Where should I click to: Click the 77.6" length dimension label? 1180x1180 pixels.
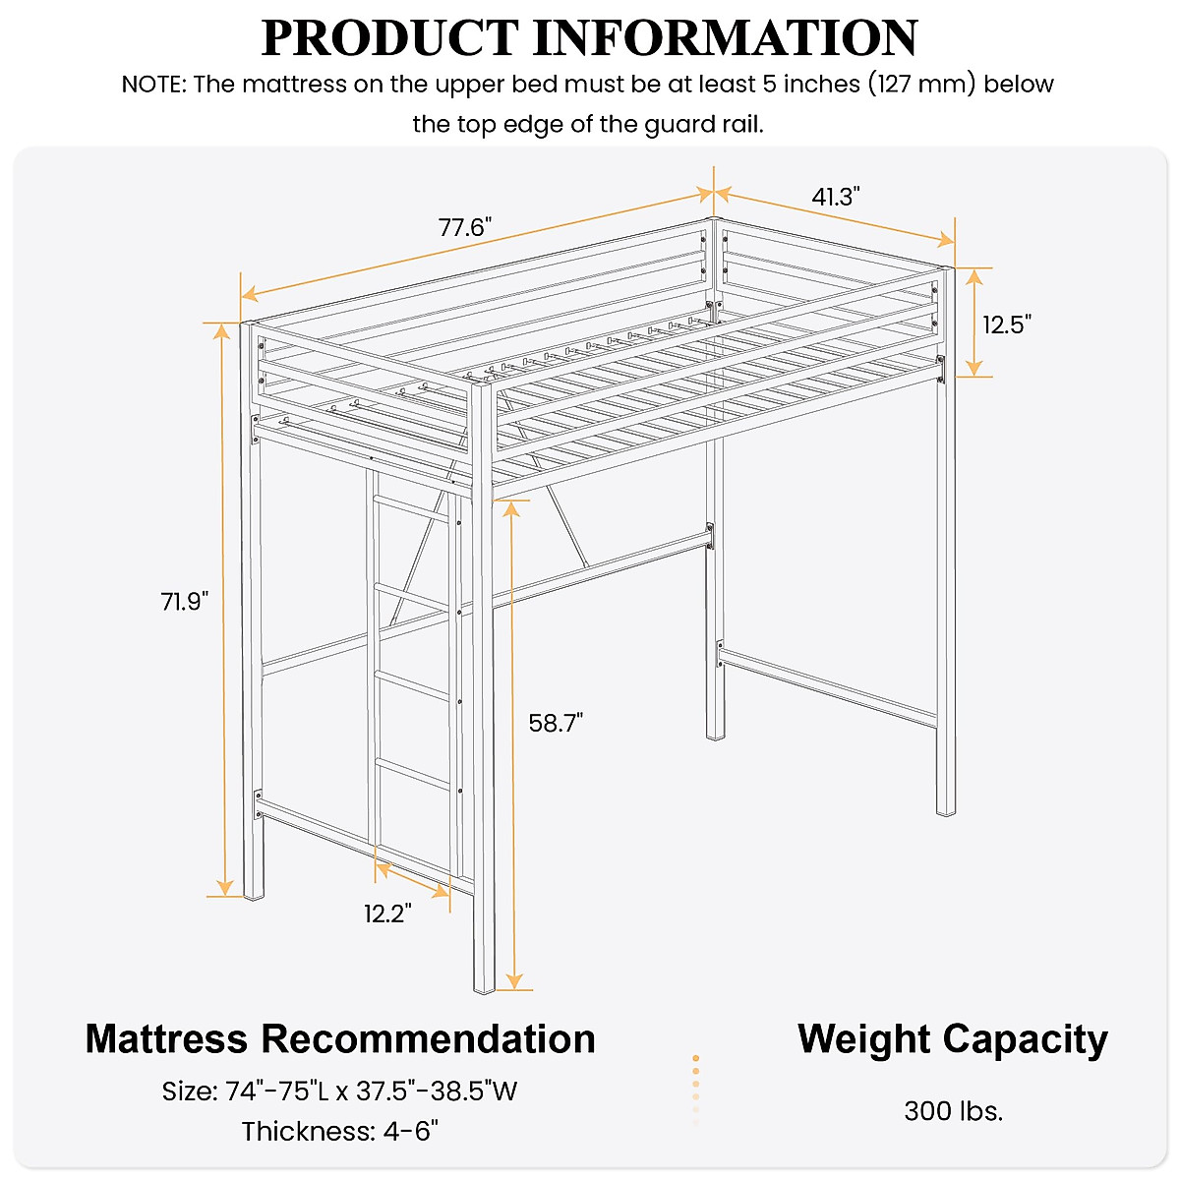pos(465,228)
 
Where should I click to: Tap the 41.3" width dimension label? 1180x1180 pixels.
pos(836,197)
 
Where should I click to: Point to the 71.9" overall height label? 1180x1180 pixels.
pos(186,601)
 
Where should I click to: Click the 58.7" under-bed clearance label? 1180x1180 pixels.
pos(557,723)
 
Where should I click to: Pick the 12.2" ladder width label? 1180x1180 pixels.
pos(387,914)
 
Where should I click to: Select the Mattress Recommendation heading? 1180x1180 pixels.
pos(340,1038)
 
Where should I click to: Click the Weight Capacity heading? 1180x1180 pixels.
pos(952,1038)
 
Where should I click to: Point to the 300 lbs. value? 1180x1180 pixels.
pos(953,1111)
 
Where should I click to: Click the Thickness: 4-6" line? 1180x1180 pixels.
pos(340,1132)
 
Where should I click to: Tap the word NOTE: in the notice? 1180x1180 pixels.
pos(153,85)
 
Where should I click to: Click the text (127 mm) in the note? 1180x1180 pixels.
pos(921,85)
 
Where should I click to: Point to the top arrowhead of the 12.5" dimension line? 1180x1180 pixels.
pos(973,276)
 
